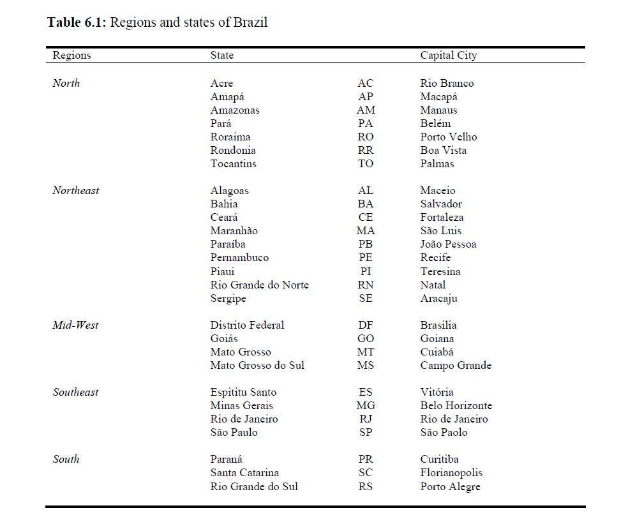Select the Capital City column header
click(x=448, y=56)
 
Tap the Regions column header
click(x=71, y=56)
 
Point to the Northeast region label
click(x=76, y=191)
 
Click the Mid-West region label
click(x=75, y=326)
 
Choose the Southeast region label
click(x=75, y=393)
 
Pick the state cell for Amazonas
click(x=235, y=110)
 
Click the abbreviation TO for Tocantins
click(x=366, y=164)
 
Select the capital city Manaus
click(x=438, y=110)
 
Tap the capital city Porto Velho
click(x=448, y=137)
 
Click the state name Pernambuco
click(x=239, y=258)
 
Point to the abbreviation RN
click(x=366, y=285)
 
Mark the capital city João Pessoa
click(x=448, y=244)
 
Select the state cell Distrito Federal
click(x=247, y=326)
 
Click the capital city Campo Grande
click(x=456, y=366)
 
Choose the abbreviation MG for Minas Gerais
click(x=366, y=406)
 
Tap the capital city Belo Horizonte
click(x=456, y=406)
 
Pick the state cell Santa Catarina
click(x=244, y=473)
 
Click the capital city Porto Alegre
click(x=450, y=487)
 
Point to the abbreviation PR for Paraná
click(x=366, y=460)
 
